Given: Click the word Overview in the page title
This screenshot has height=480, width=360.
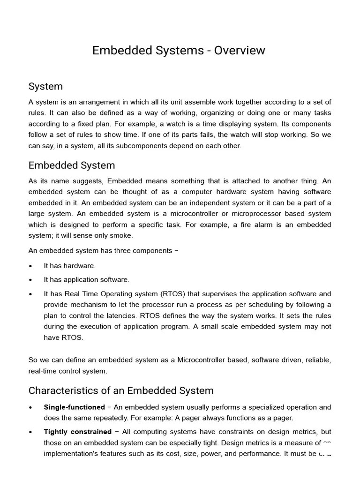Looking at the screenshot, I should [240, 51].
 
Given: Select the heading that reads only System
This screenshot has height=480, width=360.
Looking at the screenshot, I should [45, 87].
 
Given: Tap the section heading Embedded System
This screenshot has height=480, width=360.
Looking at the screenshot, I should [71, 165].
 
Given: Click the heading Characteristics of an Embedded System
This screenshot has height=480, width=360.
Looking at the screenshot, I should [120, 390].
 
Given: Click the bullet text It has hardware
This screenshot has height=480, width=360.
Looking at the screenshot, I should [69, 266].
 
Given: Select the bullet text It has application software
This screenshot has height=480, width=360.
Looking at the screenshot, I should [86, 280].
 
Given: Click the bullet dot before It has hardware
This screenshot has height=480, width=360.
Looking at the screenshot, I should [30, 266].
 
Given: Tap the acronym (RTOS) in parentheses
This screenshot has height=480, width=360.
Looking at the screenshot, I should [173, 294].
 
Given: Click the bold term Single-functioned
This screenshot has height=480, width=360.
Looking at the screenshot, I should [74, 407].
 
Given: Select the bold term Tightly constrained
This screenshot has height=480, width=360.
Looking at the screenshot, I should [77, 432].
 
